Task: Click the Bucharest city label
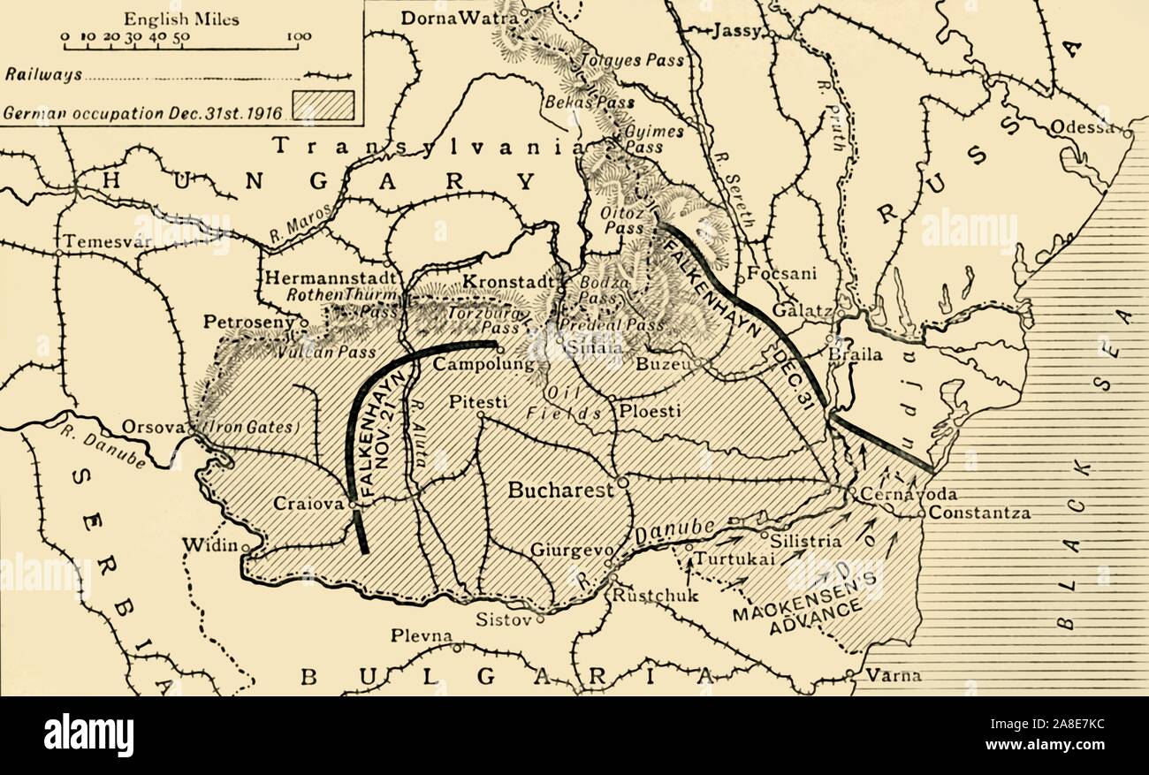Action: [560, 490]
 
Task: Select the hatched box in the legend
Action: [324, 104]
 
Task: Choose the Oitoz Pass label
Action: [613, 220]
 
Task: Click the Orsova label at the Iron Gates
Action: [151, 426]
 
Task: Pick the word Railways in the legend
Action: [43, 75]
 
